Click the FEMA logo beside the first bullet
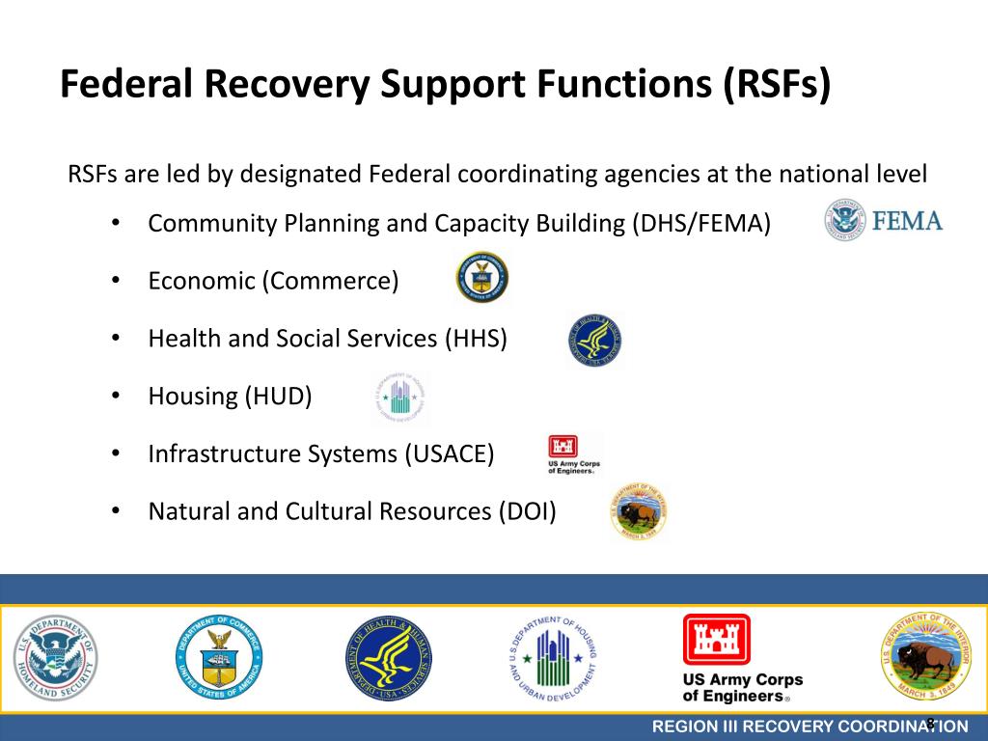pyautogui.click(x=883, y=220)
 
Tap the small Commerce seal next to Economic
pyautogui.click(x=482, y=278)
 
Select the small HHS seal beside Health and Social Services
pyautogui.click(x=594, y=341)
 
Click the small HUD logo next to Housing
pyautogui.click(x=399, y=398)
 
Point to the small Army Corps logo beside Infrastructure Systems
pyautogui.click(x=574, y=453)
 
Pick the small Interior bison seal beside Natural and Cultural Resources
pyautogui.click(x=639, y=512)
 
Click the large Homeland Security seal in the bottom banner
pyautogui.click(x=55, y=658)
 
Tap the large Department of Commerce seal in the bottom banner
pyautogui.click(x=218, y=658)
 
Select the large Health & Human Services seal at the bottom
pyautogui.click(x=389, y=658)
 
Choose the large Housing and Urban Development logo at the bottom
pyautogui.click(x=553, y=658)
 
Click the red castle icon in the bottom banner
pyautogui.click(x=716, y=640)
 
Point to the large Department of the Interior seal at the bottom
pyautogui.click(x=923, y=658)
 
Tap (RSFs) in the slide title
pyautogui.click(x=775, y=84)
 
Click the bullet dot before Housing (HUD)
pyautogui.click(x=115, y=396)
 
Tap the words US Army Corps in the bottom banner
pyautogui.click(x=742, y=680)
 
